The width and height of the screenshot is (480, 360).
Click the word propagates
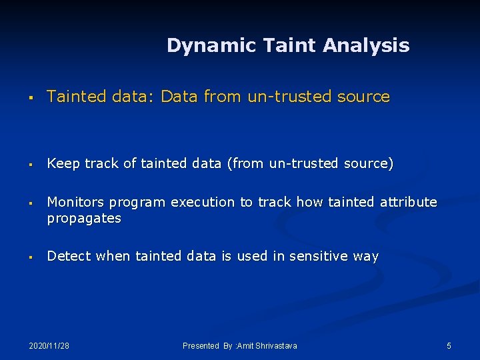coord(84,219)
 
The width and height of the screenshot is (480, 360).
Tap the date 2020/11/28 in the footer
coord(49,346)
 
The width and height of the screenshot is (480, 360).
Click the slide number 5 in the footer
coord(449,346)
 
